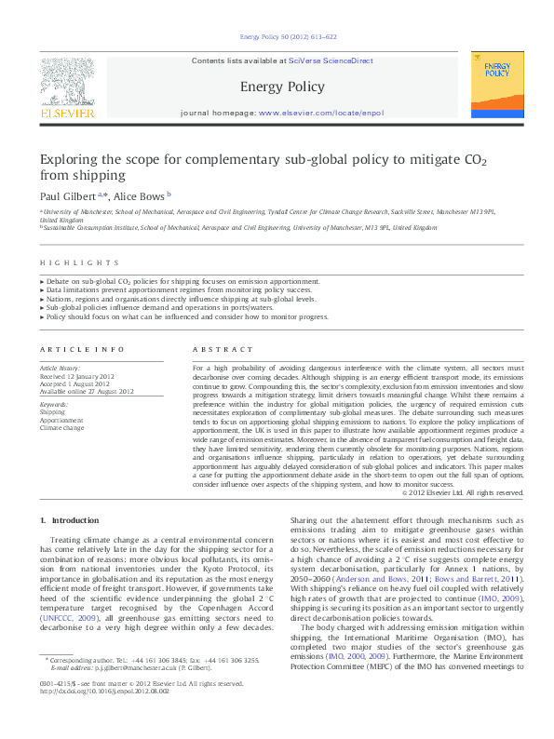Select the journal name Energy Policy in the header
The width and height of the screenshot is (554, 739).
pos(282,87)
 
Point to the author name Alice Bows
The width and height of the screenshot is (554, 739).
pos(139,196)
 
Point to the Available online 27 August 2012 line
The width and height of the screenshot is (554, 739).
pos(86,391)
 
